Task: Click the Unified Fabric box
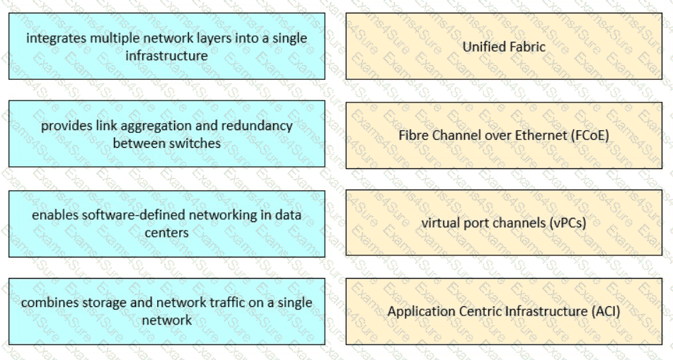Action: pyautogui.click(x=504, y=46)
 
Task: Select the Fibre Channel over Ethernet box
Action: pyautogui.click(x=504, y=135)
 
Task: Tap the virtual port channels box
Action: pyautogui.click(x=504, y=223)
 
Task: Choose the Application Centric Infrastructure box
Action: pyautogui.click(x=504, y=311)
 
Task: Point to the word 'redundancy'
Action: pyautogui.click(x=263, y=126)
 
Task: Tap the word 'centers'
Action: pyautogui.click(x=166, y=233)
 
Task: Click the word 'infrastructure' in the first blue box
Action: pyautogui.click(x=166, y=56)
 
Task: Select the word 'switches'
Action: pyautogui.click(x=200, y=144)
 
